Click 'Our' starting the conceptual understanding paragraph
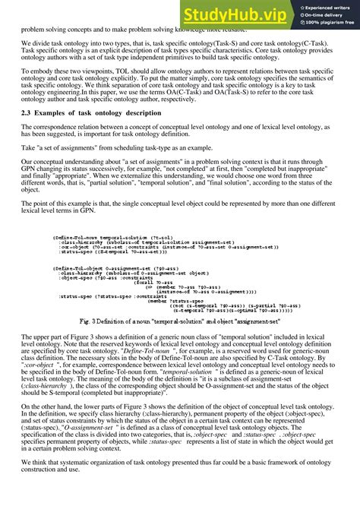(28, 162)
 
